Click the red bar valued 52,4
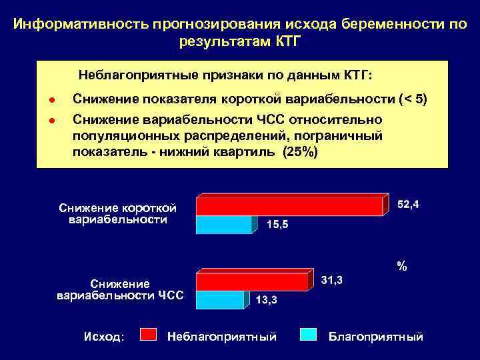click(289, 206)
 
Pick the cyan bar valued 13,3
click(220, 301)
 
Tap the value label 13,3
click(267, 300)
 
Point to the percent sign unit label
click(401, 266)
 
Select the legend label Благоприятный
click(376, 337)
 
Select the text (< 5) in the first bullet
click(413, 100)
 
